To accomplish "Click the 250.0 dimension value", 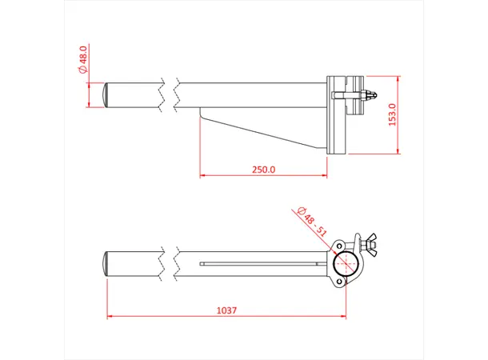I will (263, 170).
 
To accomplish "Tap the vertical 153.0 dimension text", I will (391, 114).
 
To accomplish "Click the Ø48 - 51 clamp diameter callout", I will (311, 220).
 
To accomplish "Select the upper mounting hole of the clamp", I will (342, 244).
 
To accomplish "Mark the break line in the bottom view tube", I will (169, 263).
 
